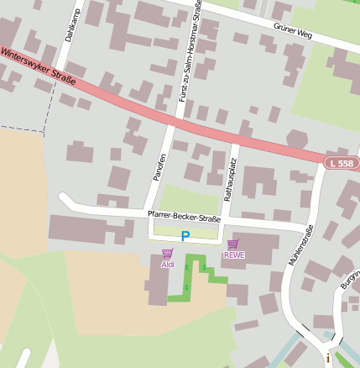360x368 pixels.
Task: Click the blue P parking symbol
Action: [185, 237]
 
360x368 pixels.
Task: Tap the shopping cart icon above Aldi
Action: [167, 253]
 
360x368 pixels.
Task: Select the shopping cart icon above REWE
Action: [232, 244]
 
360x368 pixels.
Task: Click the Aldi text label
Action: [167, 265]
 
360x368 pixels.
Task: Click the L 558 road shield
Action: [342, 163]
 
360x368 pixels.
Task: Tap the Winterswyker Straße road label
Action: [39, 67]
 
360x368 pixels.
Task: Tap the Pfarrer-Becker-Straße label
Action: [184, 218]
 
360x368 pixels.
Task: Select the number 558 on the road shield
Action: [345, 163]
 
